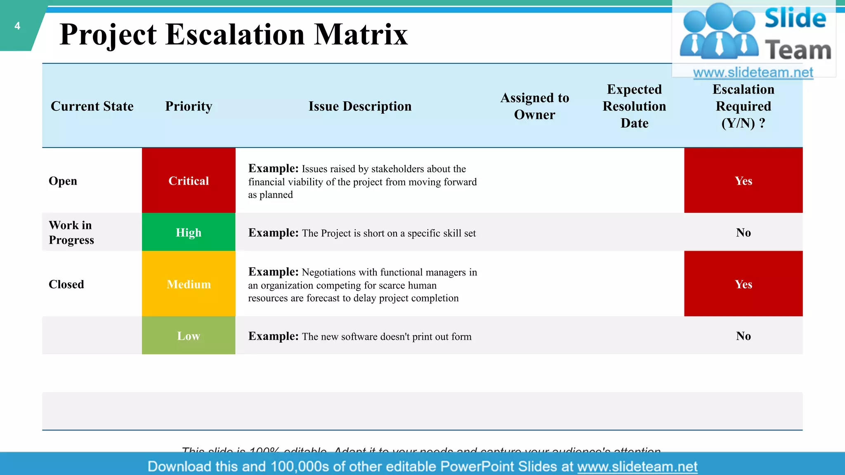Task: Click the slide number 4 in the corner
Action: click(x=17, y=26)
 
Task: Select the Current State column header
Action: click(x=92, y=106)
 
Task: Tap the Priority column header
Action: click(x=189, y=106)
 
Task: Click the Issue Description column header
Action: click(x=360, y=106)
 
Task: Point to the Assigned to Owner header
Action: click(x=535, y=106)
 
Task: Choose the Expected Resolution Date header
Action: click(x=634, y=106)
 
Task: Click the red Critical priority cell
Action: click(x=189, y=181)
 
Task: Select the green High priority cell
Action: click(x=189, y=233)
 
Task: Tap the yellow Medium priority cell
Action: click(x=189, y=284)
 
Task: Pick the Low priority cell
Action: click(x=189, y=336)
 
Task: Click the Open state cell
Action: click(x=63, y=181)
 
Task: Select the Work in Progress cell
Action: click(x=71, y=233)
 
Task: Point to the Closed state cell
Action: click(x=66, y=285)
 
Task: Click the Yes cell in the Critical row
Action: click(x=743, y=181)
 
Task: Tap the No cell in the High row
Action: click(x=743, y=233)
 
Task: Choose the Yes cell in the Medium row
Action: click(x=743, y=284)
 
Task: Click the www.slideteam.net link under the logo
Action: click(x=753, y=73)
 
